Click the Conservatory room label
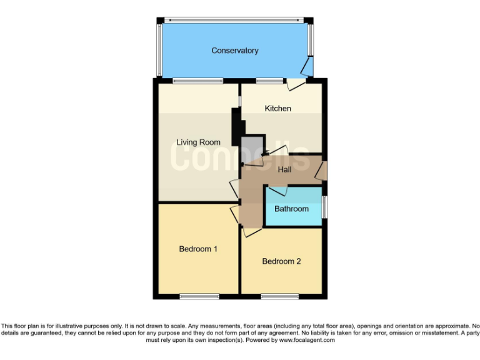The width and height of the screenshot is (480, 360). pyautogui.click(x=234, y=51)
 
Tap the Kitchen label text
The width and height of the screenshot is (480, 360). pyautogui.click(x=277, y=109)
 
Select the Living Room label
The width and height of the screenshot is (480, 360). pyautogui.click(x=198, y=142)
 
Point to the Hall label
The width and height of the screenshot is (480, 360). pyautogui.click(x=284, y=169)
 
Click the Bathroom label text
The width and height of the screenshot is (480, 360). pyautogui.click(x=291, y=209)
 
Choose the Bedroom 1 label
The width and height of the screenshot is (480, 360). pyautogui.click(x=198, y=249)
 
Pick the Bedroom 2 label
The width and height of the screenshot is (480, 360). pyautogui.click(x=281, y=261)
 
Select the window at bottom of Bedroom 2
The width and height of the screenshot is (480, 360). pyautogui.click(x=279, y=296)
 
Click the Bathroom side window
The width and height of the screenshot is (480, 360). pyautogui.click(x=324, y=207)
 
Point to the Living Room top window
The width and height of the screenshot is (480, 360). pyautogui.click(x=197, y=80)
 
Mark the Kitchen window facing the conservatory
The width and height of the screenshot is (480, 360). pyautogui.click(x=269, y=80)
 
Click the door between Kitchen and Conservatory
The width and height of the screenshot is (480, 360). pyautogui.click(x=296, y=82)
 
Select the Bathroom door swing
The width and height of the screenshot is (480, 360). pyautogui.click(x=277, y=190)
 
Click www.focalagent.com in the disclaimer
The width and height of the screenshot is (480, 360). pyautogui.click(x=307, y=340)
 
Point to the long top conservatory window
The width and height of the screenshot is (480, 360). pyautogui.click(x=234, y=19)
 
